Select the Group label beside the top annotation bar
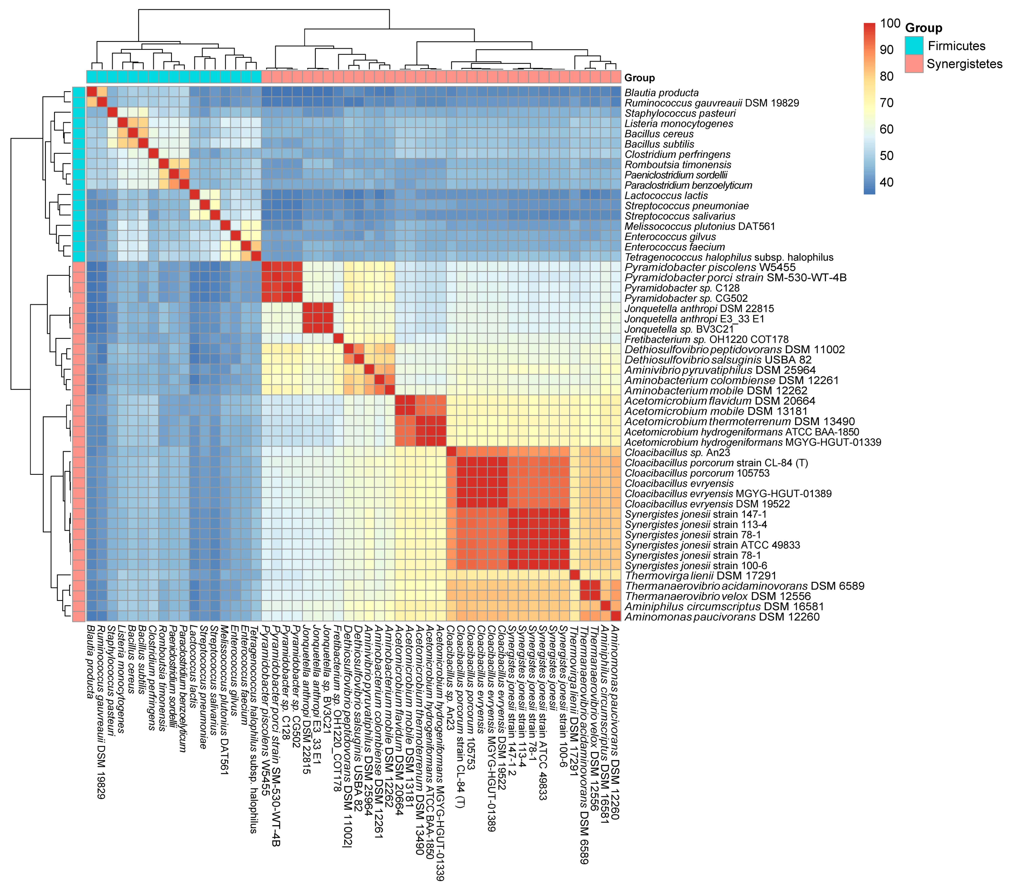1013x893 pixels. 639,78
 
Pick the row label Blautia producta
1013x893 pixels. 662,93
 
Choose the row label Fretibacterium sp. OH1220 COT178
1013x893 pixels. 706,340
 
